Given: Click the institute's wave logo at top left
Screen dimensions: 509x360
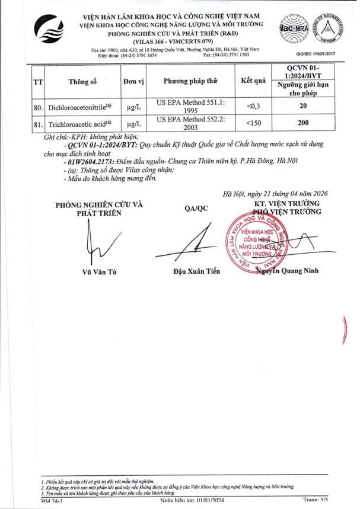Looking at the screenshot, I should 48,30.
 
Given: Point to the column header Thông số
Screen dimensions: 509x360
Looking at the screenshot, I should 81,81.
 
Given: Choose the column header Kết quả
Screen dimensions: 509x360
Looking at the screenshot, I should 253,81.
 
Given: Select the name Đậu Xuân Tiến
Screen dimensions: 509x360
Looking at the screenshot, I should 196,271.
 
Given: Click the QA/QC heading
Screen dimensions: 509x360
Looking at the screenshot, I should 196,208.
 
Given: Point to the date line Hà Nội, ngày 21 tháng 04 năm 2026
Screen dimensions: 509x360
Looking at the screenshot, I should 275,193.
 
